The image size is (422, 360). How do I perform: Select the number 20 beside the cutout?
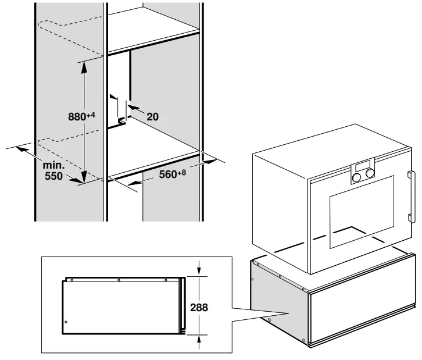(152, 116)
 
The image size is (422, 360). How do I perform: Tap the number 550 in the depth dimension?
(55, 175)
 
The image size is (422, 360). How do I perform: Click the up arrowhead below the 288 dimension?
(199, 337)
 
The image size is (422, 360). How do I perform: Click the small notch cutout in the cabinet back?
(123, 120)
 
